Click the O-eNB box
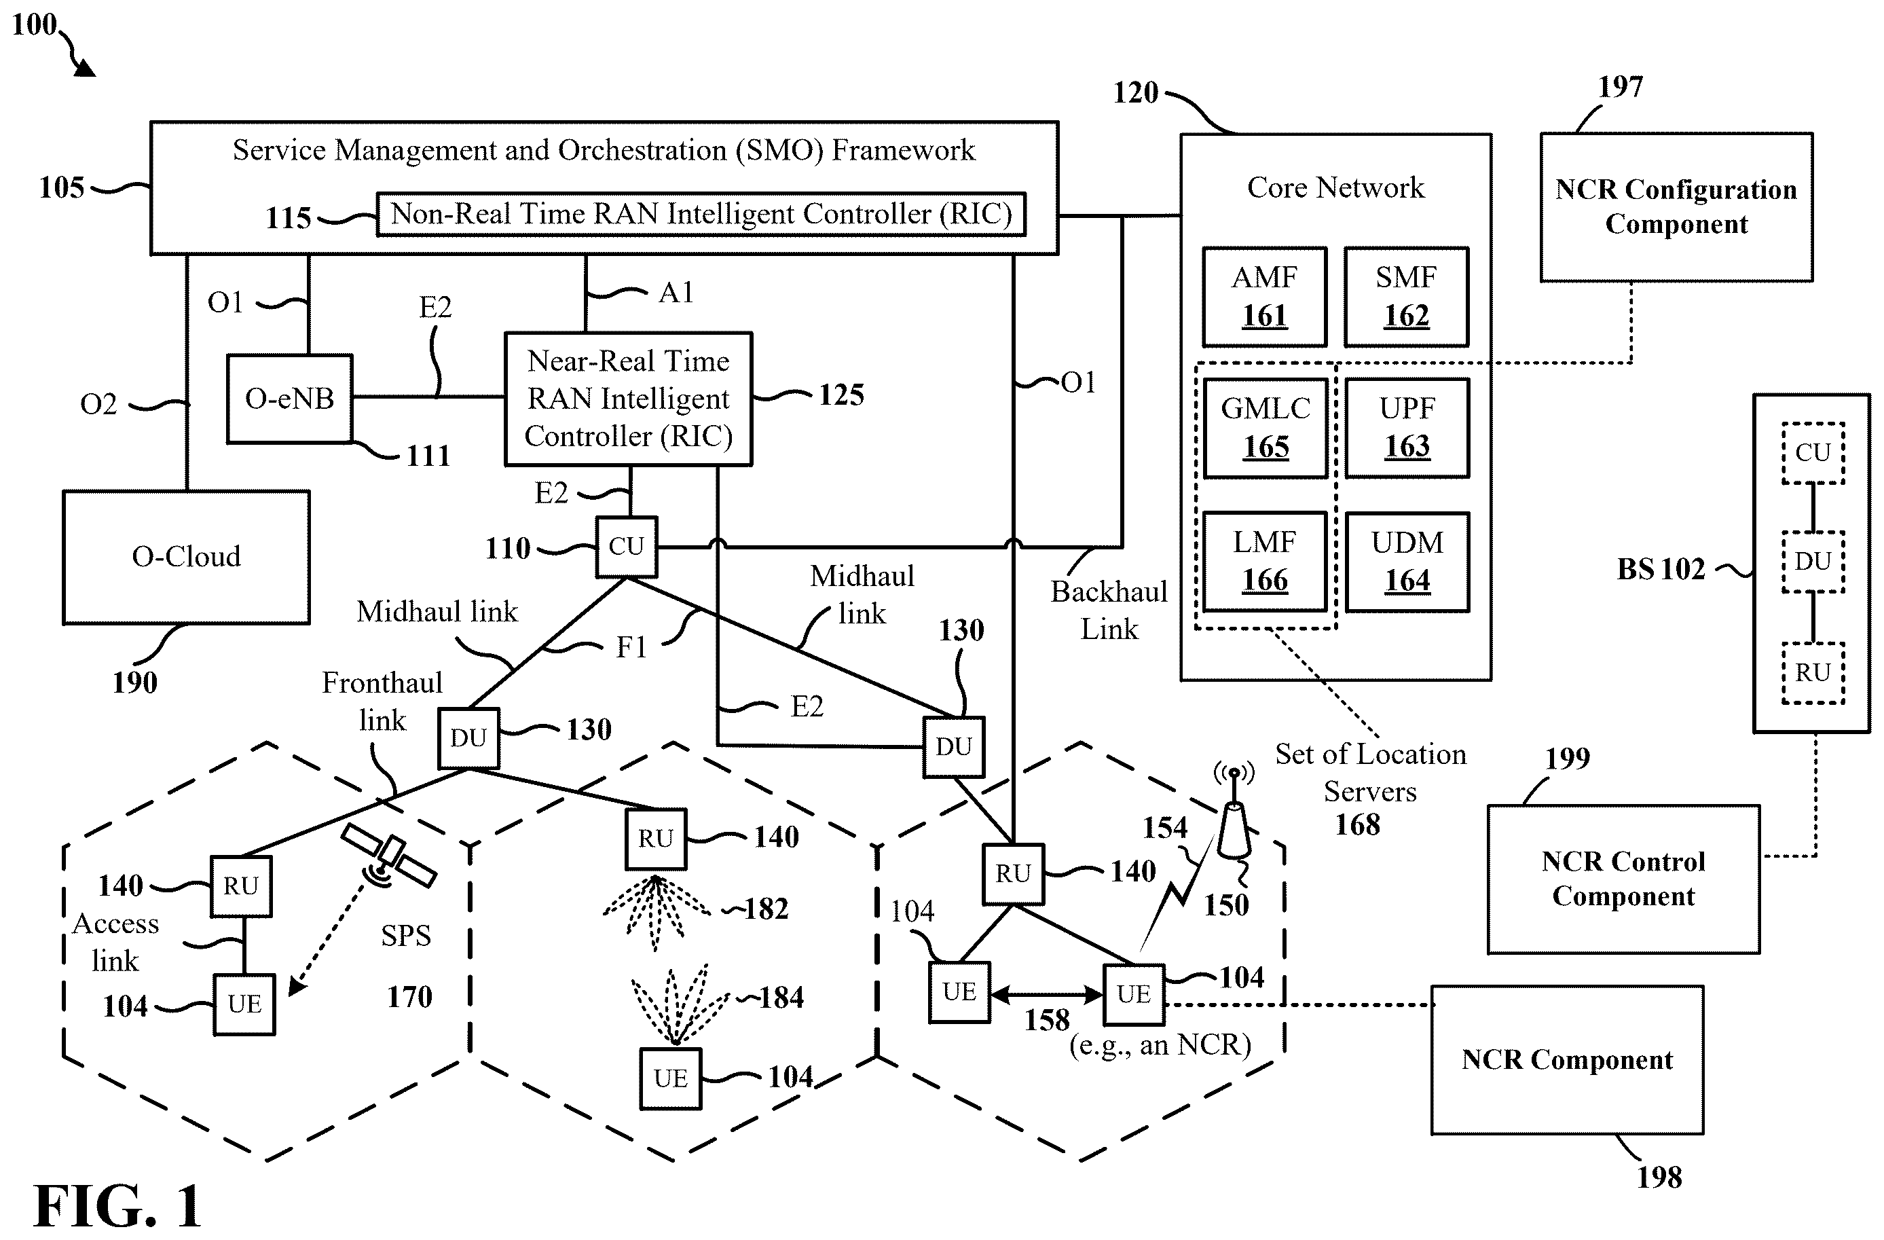pos(290,399)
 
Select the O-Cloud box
pos(186,557)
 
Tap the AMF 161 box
pos(1264,297)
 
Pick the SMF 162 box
pos(1406,297)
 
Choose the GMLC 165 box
pos(1266,428)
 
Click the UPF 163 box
pos(1407,428)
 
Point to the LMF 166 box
pos(1264,562)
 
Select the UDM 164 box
pos(1407,562)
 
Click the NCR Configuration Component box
pos(1676,207)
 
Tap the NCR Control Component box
pos(1623,879)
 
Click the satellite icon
pos(388,855)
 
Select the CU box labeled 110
pos(626,547)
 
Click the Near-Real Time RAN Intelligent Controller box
pos(629,399)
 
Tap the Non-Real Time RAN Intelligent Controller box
pos(701,214)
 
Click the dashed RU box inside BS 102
pos(1813,673)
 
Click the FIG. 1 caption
pos(117,1205)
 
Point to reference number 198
pos(1659,1178)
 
